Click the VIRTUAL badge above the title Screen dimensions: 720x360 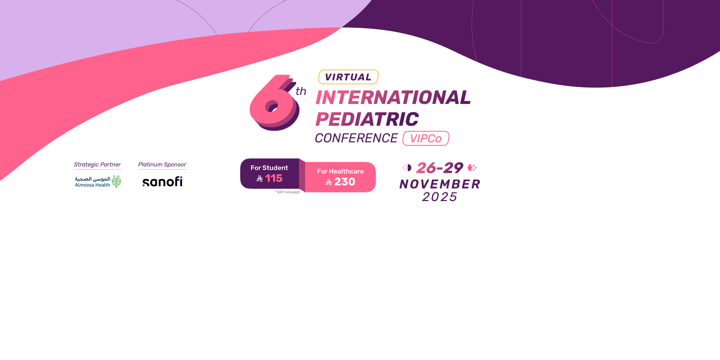(x=348, y=77)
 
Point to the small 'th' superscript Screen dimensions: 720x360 (x=300, y=92)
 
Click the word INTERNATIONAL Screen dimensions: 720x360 (x=393, y=97)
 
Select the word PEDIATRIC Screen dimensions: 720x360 (x=367, y=119)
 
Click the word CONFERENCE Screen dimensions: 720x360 (x=356, y=138)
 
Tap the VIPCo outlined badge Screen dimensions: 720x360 (x=426, y=138)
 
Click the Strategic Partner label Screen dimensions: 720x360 (x=97, y=165)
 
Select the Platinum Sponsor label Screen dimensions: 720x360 (x=162, y=165)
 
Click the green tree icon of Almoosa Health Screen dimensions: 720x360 (x=116, y=182)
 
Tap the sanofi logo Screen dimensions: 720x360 (x=163, y=182)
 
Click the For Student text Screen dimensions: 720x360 (x=269, y=168)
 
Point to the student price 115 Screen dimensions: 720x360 (x=274, y=178)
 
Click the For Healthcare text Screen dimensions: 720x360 (x=340, y=171)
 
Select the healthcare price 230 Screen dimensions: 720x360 (x=345, y=182)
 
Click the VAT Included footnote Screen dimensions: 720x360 (x=287, y=192)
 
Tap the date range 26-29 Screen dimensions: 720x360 (x=440, y=168)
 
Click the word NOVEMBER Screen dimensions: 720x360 (x=440, y=184)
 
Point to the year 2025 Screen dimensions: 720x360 (x=440, y=197)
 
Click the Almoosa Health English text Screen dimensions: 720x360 (x=93, y=185)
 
